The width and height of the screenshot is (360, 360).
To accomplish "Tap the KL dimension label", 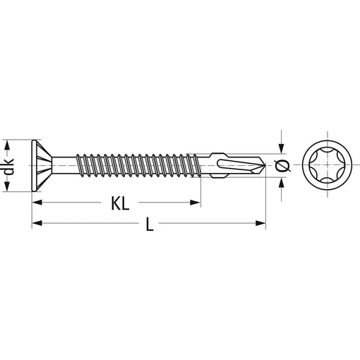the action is tap(120, 203).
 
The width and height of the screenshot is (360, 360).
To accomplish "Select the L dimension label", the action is tap(150, 224).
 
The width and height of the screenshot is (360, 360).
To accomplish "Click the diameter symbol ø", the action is tap(282, 166).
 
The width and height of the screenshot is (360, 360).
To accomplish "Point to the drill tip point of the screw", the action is tap(265, 166).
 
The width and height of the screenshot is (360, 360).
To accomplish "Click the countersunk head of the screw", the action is tap(42, 166).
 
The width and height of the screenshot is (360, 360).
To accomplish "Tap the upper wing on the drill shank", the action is tap(219, 155).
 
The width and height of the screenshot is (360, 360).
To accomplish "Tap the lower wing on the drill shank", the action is tap(219, 176).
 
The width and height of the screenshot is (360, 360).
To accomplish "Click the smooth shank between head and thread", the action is tap(64, 166).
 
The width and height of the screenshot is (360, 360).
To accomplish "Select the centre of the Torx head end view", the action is tap(328, 165).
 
